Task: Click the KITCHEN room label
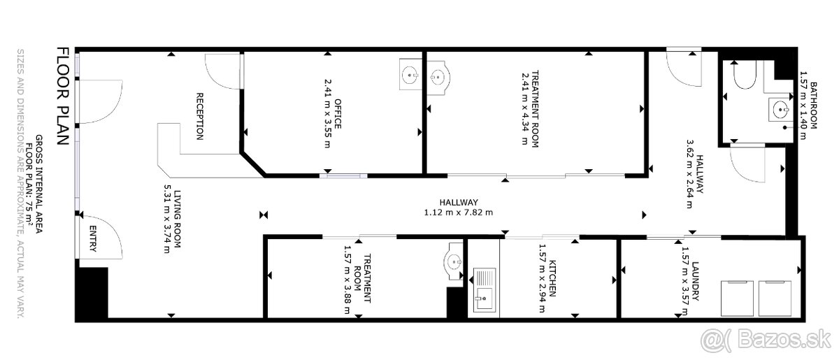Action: (552, 278)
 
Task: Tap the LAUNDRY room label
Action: (695, 281)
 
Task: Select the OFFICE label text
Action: (338, 113)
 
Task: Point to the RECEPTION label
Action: (200, 117)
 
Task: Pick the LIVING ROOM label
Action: (178, 219)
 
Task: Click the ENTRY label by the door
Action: (93, 238)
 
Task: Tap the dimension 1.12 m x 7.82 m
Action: (459, 213)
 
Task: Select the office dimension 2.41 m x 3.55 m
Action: (327, 113)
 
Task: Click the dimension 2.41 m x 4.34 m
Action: (524, 108)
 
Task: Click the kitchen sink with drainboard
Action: (485, 289)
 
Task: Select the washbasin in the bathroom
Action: (780, 110)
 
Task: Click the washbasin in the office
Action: (410, 74)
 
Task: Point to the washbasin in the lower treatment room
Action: (454, 261)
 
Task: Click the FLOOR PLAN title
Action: (63, 96)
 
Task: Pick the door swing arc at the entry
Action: (114, 229)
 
